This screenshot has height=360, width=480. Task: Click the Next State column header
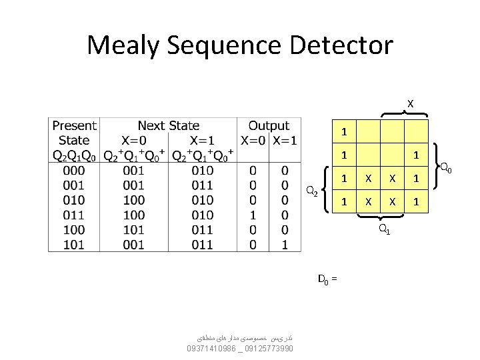pyautogui.click(x=168, y=125)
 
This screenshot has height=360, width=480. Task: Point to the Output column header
pyautogui.click(x=269, y=125)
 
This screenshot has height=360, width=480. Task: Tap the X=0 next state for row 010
pyautogui.click(x=133, y=200)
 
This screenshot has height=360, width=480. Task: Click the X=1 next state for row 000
pyautogui.click(x=202, y=171)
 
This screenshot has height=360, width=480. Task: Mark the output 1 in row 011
pyautogui.click(x=252, y=215)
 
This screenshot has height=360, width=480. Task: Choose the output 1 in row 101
pyautogui.click(x=285, y=244)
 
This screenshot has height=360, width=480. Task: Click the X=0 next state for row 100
pyautogui.click(x=133, y=229)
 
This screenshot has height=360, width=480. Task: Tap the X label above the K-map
pyautogui.click(x=410, y=103)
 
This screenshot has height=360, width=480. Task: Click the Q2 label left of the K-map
pyautogui.click(x=311, y=191)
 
